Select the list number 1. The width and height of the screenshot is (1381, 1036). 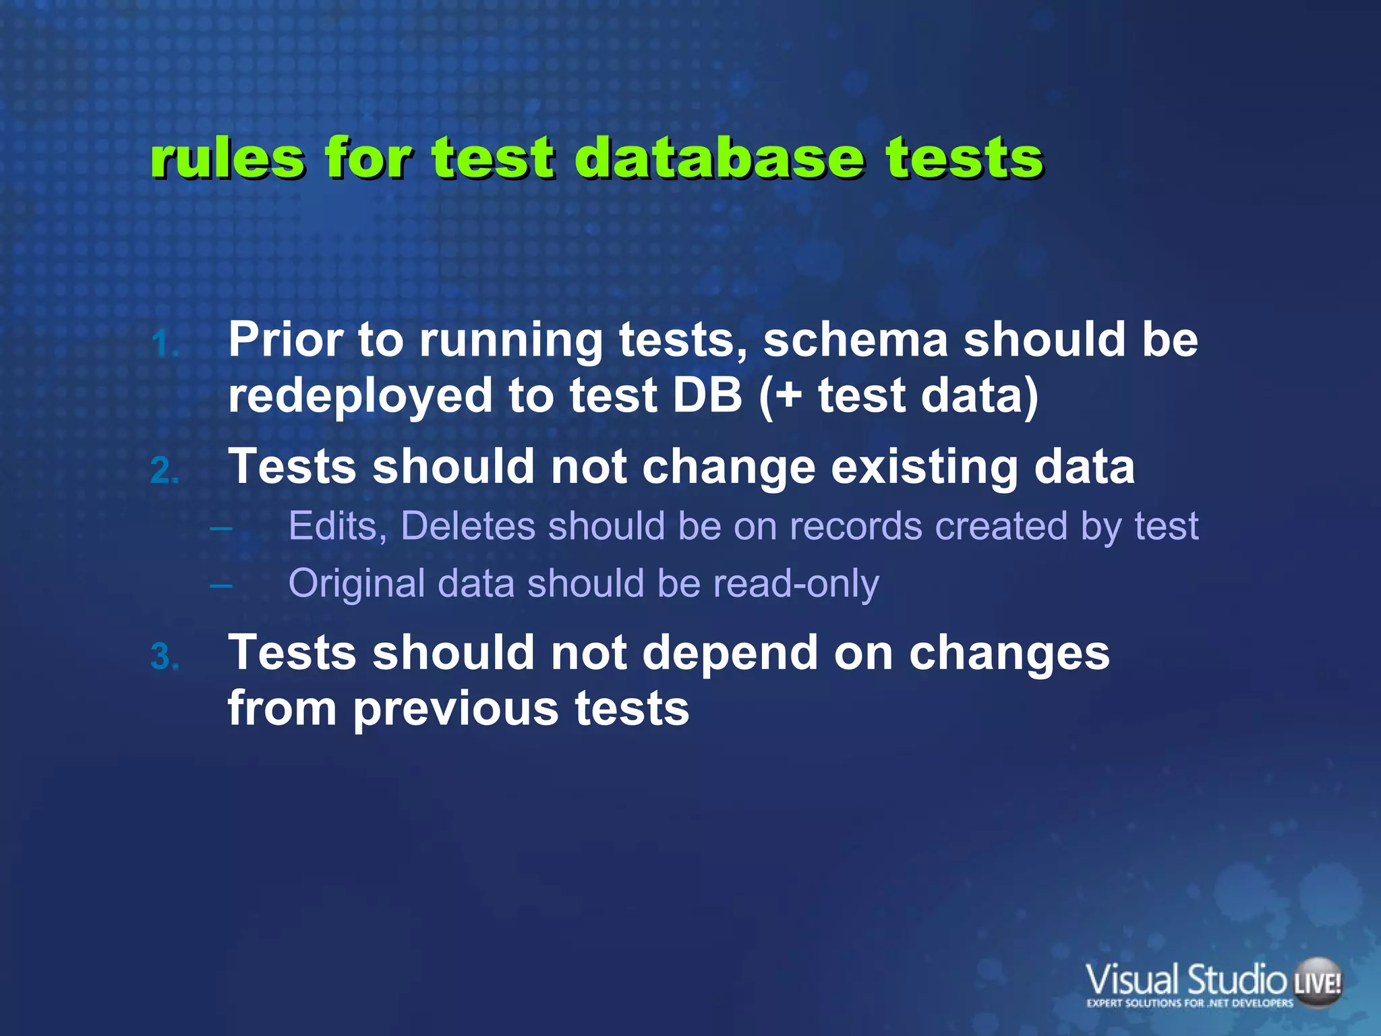(x=164, y=345)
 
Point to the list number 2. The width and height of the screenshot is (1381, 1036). (x=165, y=471)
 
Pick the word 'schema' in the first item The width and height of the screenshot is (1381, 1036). (x=855, y=339)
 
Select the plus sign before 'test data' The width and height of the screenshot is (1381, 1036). (x=788, y=396)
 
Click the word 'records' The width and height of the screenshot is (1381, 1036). (x=856, y=526)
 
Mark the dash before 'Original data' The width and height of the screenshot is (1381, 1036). (x=221, y=584)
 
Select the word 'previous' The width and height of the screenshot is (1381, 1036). (x=455, y=709)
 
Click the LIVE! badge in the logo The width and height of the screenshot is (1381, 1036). (x=1318, y=983)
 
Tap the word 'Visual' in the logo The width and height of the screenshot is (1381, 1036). (x=1133, y=980)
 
